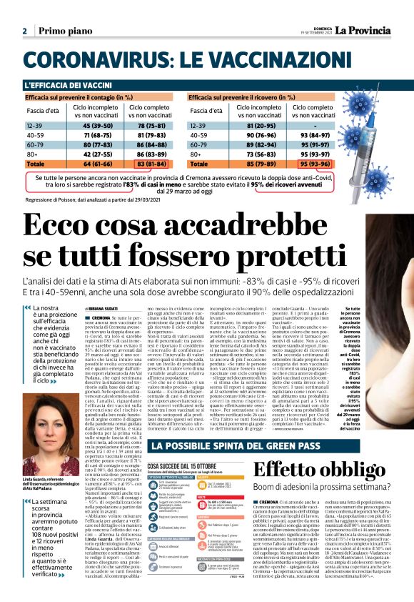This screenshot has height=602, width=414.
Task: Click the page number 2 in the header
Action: pyautogui.click(x=24, y=31)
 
